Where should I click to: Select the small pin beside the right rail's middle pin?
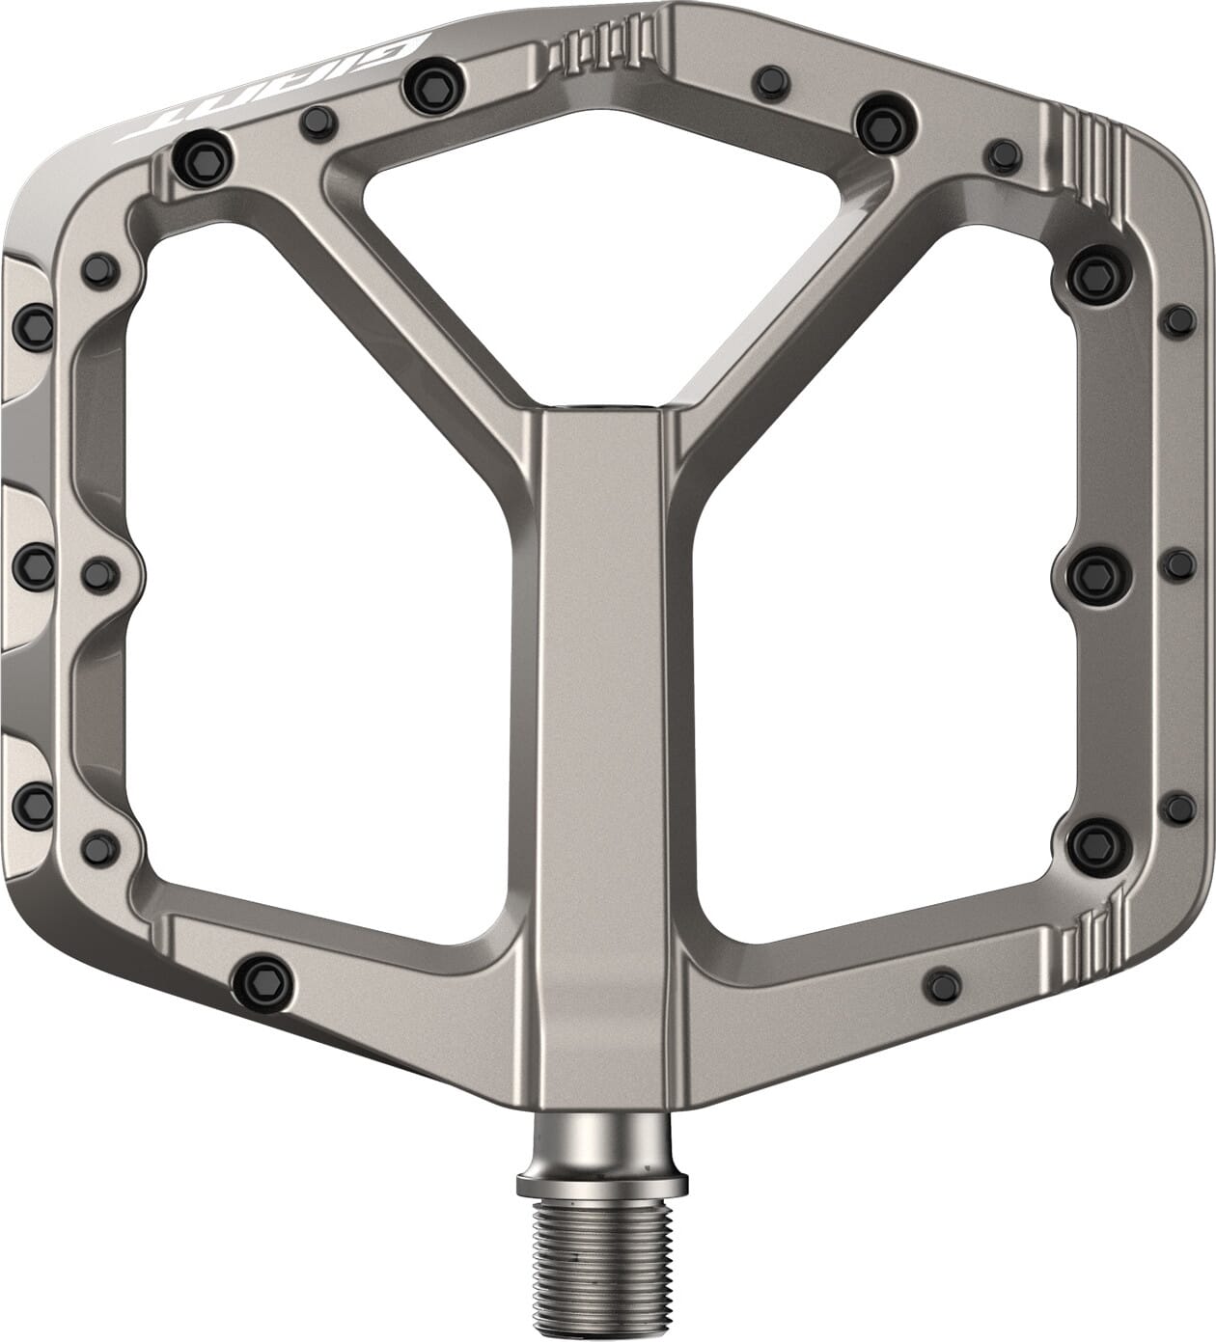tap(1178, 564)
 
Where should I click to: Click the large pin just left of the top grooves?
tap(428, 85)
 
